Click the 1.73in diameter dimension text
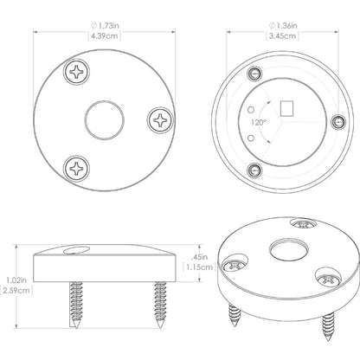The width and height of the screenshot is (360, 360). pos(105,26)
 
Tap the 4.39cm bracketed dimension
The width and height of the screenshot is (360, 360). pos(105,36)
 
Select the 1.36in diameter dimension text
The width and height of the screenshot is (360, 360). pos(283,26)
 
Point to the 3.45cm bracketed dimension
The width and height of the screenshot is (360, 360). pos(283,36)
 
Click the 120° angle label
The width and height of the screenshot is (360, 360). pos(258,122)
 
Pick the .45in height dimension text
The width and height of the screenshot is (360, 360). pos(199,256)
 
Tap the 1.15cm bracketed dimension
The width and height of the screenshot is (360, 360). pos(199,267)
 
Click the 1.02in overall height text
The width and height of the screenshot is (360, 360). pos(16,280)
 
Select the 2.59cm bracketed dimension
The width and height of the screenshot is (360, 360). pos(16,290)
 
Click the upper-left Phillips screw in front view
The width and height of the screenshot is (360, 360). pos(76,72)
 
